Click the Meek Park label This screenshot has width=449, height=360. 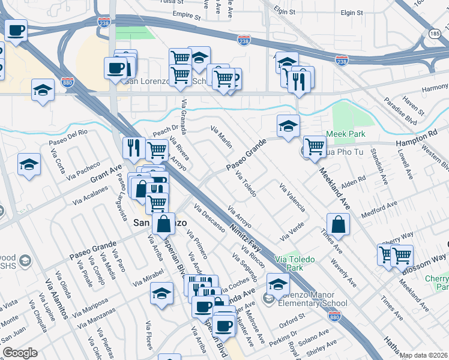coord(345,134)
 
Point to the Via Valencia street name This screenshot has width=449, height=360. coord(292,198)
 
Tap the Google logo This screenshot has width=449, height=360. coord(20,353)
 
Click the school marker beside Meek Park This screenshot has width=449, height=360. coord(288,126)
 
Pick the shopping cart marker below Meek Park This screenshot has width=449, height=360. coord(315,146)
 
